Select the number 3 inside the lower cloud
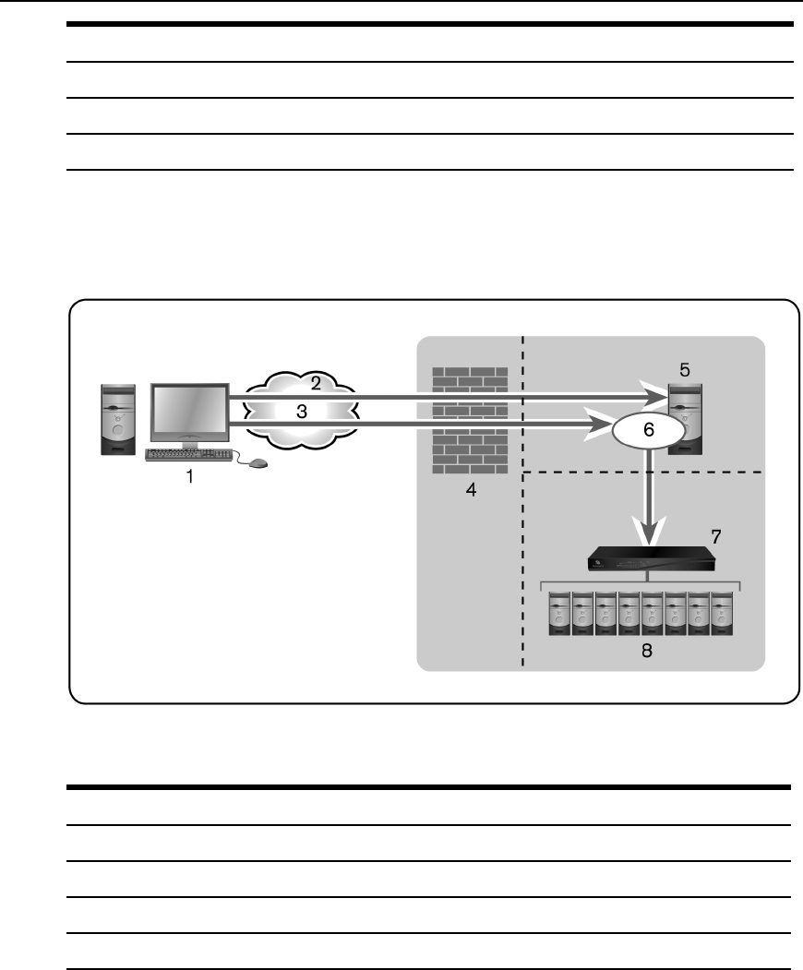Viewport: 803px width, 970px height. click(301, 412)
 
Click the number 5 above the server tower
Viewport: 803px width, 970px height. click(684, 370)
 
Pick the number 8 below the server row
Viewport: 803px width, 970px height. click(646, 650)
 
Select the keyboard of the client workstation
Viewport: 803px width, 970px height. click(188, 454)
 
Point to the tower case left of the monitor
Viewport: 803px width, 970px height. click(118, 420)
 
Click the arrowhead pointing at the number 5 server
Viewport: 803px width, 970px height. click(658, 398)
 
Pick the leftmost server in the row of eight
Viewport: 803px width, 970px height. click(559, 615)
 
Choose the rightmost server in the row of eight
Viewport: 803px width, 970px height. click(722, 615)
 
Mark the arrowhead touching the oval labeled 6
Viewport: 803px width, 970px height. click(605, 426)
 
